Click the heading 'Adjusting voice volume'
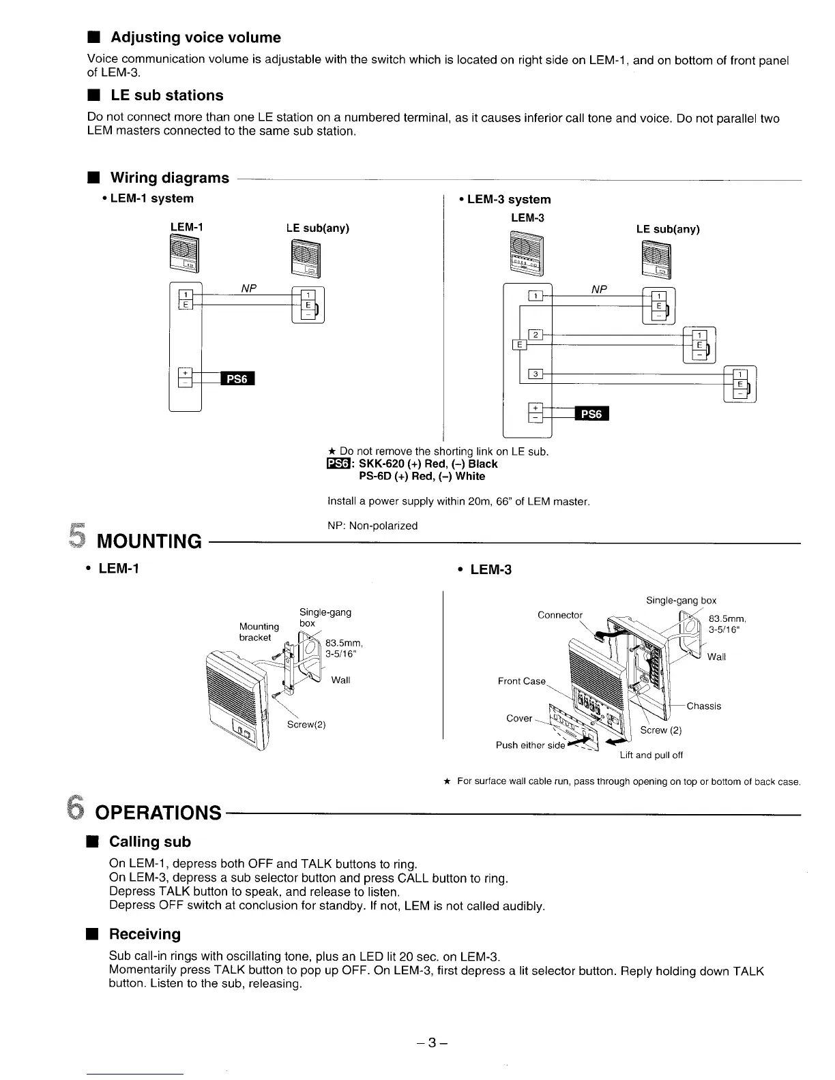pos(195,37)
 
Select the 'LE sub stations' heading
pos(166,95)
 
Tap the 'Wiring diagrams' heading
pos(169,178)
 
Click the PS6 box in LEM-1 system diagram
pos(237,379)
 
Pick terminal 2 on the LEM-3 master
pos(537,334)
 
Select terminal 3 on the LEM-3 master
pos(537,374)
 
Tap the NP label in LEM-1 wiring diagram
pos(249,288)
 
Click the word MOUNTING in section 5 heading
pos(150,542)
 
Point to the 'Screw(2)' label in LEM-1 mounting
pos(306,724)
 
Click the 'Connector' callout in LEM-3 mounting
pos(560,615)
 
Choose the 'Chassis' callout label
pos(703,706)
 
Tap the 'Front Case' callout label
pos(522,681)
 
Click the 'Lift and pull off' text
pos(651,755)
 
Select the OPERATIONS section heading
pos(158,813)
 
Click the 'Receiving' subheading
pos(145,934)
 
